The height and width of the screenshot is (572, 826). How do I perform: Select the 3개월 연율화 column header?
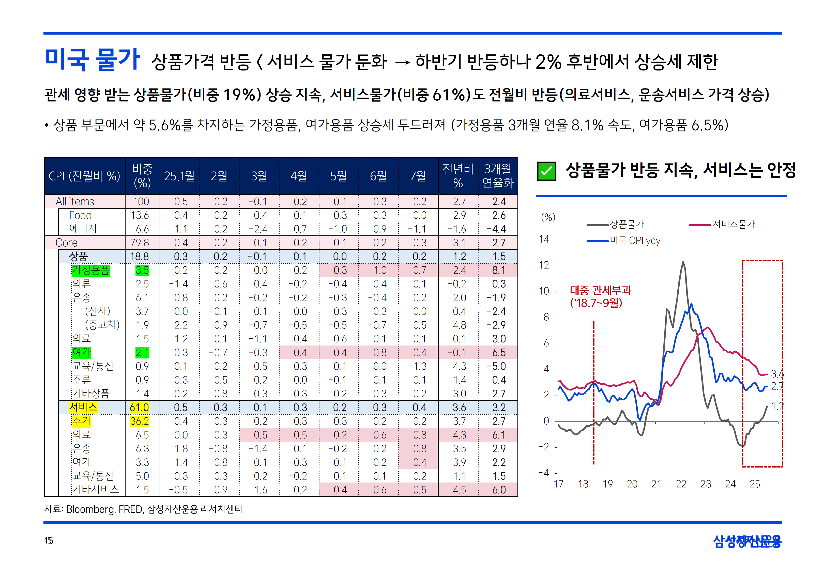[498, 176]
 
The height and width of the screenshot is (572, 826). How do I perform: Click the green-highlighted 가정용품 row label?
[91, 270]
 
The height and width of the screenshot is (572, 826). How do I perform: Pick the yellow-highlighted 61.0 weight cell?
[139, 408]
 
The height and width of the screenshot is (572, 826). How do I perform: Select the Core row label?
[66, 243]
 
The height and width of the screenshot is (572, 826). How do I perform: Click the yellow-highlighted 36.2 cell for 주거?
[139, 421]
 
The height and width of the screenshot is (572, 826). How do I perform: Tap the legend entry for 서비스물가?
[733, 224]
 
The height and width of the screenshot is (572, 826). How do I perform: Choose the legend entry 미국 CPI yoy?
[635, 241]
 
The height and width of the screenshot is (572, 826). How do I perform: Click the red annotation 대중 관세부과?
[600, 290]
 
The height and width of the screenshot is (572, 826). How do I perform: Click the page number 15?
[49, 541]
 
